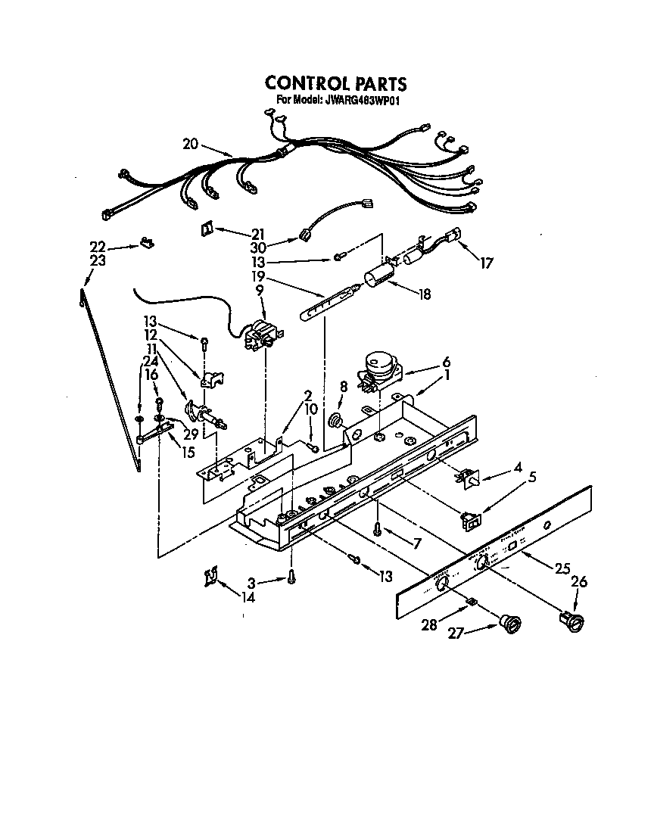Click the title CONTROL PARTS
335,83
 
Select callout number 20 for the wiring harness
191,144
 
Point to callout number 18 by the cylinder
424,294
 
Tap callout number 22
97,247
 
